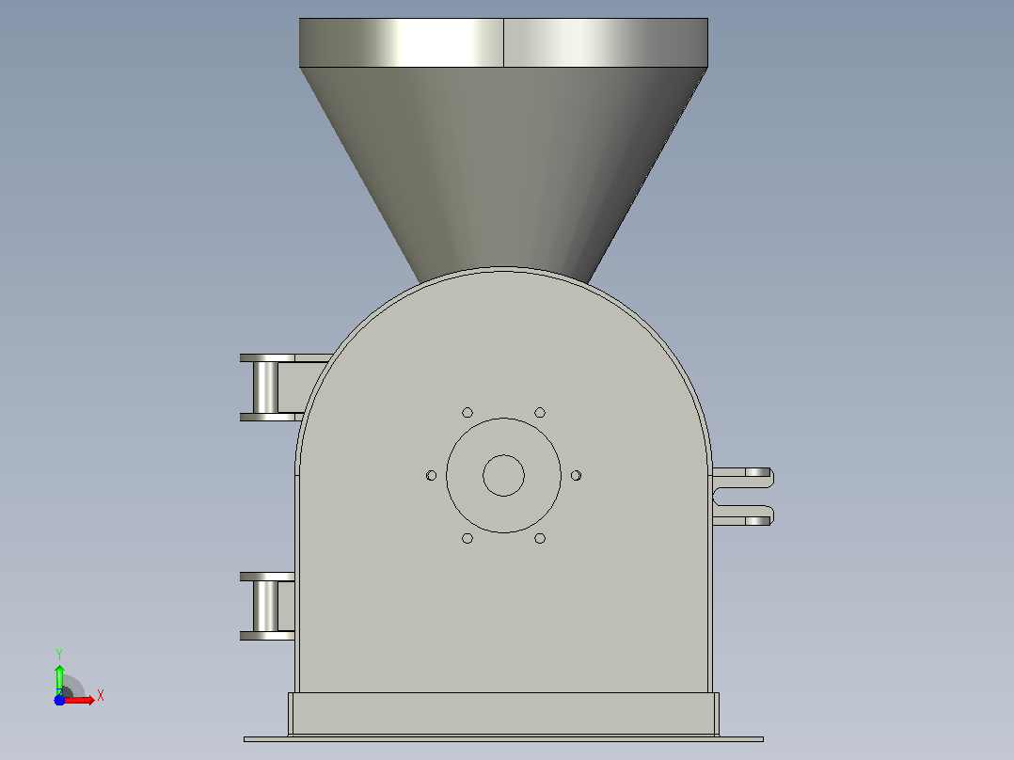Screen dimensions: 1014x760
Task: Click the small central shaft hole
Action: [x=504, y=475]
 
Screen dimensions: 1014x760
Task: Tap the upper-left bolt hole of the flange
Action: [x=467, y=413]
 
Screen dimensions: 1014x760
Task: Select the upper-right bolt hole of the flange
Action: [x=540, y=413]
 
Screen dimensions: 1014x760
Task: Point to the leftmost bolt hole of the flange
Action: [x=432, y=475]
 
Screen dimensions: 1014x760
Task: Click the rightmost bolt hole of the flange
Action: [x=577, y=475]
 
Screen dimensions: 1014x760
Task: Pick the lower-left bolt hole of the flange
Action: [x=467, y=538]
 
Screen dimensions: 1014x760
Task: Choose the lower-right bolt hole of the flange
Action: [x=540, y=538]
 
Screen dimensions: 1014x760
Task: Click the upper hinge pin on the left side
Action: [x=266, y=388]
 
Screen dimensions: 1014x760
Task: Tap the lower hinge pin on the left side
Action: [x=266, y=606]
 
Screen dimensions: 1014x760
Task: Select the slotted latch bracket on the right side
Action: [x=743, y=497]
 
